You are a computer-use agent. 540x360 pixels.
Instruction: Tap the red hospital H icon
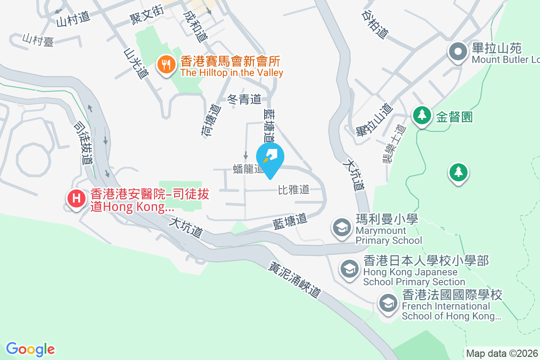(76, 198)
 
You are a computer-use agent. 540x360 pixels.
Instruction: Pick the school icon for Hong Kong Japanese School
(349, 269)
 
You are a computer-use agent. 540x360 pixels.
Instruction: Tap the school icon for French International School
(388, 303)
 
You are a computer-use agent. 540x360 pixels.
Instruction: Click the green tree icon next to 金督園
(422, 115)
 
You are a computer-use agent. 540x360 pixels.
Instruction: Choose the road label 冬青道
(244, 99)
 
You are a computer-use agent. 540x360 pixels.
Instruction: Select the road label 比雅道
(294, 189)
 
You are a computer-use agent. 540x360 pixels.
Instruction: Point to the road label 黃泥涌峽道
(295, 279)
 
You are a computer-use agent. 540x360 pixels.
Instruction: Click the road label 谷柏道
(374, 25)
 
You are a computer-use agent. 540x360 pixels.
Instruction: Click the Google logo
(30, 349)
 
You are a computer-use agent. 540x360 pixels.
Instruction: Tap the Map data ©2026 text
(502, 353)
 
